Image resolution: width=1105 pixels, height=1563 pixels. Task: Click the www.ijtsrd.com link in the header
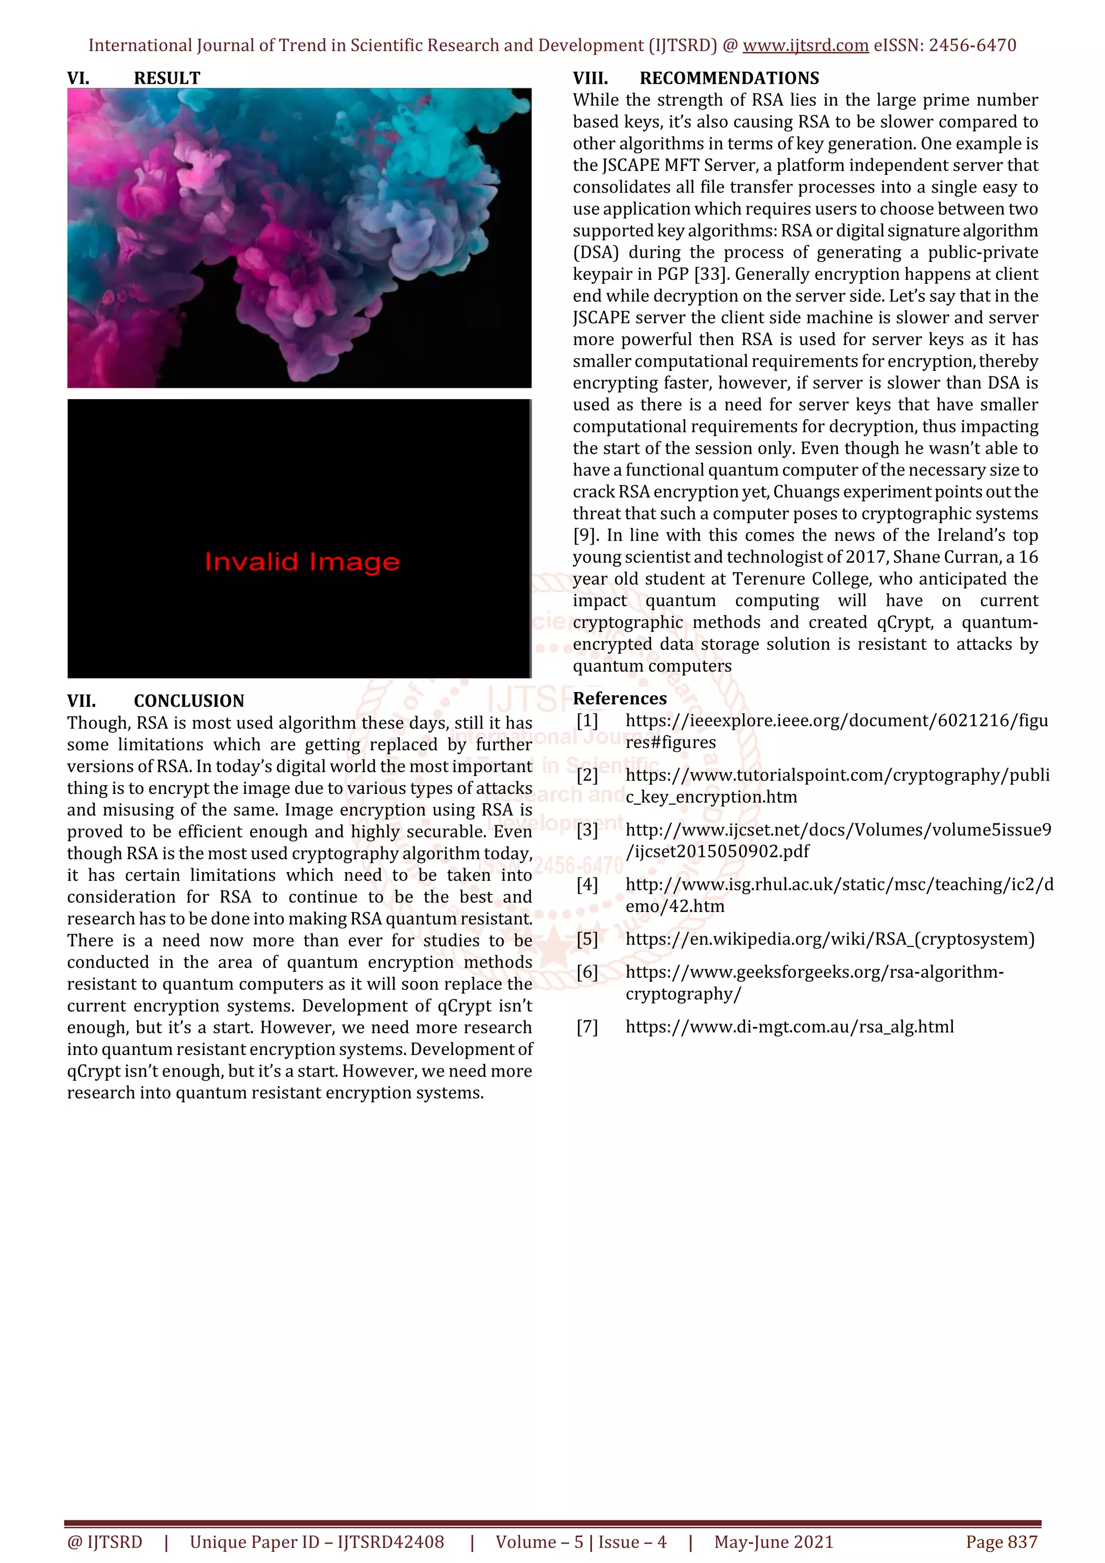805,46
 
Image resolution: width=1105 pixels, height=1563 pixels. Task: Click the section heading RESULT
167,78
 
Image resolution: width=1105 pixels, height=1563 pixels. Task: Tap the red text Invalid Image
302,563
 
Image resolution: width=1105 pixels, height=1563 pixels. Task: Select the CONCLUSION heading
189,701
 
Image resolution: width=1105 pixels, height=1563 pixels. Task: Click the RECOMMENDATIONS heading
729,78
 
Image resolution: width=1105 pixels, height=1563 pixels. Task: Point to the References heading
619,698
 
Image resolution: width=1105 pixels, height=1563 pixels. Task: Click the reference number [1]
587,720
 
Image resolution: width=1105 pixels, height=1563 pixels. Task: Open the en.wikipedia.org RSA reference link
829,940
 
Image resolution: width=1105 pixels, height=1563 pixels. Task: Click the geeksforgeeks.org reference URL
814,982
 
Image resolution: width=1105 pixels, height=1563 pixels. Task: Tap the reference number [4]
587,885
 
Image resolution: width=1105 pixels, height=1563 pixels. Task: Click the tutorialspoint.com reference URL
837,786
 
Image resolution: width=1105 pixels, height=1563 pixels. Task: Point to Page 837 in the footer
1001,1542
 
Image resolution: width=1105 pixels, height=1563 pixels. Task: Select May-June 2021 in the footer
773,1542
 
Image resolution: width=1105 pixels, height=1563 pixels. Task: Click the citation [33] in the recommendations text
712,275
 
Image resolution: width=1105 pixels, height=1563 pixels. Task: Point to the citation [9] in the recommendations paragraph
585,536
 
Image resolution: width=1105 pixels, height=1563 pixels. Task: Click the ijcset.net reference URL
837,841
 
